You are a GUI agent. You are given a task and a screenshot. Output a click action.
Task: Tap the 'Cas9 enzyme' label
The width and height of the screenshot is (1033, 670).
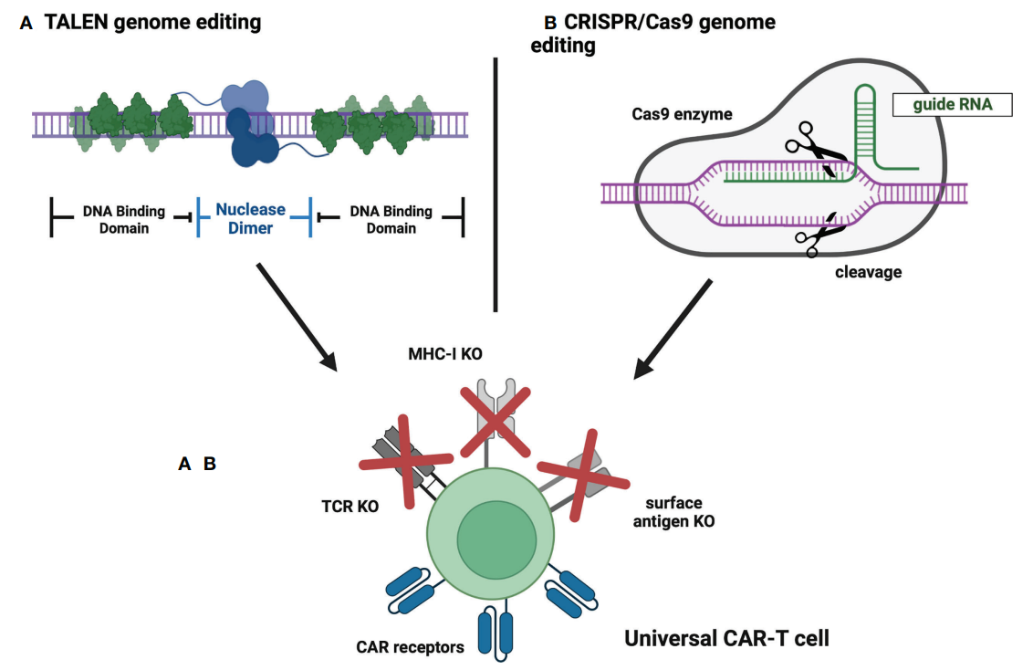point(682,116)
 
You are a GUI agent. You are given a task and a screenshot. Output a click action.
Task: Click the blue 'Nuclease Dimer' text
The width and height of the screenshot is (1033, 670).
point(250,219)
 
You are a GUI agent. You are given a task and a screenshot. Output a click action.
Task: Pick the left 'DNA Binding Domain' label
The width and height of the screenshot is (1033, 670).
point(124,219)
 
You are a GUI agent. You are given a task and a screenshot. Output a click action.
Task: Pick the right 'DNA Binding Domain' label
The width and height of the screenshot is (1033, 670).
point(391,219)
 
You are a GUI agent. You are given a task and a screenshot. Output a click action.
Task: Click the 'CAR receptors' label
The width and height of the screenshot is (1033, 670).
point(411,647)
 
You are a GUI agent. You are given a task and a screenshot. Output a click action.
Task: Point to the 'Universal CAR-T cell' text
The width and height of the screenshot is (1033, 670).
point(726,638)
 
